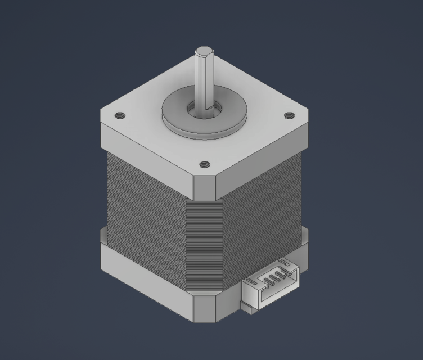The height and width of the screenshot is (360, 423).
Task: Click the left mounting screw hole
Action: [119, 116]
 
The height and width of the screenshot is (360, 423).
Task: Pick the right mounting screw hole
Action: [289, 116]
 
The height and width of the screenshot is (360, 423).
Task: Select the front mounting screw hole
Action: [204, 165]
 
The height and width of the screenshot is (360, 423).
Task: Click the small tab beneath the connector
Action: [245, 307]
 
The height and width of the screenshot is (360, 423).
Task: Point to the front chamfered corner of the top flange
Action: [204, 186]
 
